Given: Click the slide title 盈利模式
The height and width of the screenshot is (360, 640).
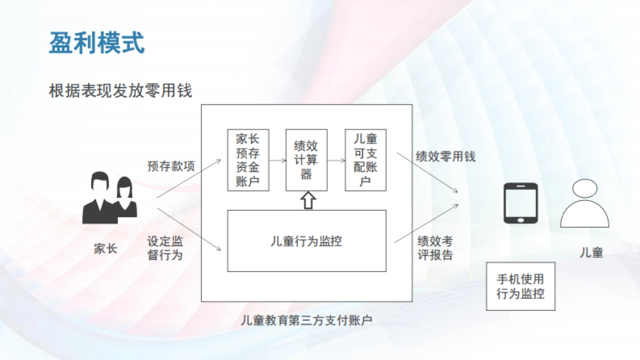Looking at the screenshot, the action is point(97,42).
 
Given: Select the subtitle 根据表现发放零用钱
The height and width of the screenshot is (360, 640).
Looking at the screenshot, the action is point(120,91).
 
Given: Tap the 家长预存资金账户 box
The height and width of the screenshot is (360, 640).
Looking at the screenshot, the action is point(247,160).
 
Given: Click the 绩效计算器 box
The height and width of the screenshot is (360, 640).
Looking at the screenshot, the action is point(306,160).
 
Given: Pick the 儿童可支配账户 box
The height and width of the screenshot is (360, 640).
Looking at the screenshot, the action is point(365,160).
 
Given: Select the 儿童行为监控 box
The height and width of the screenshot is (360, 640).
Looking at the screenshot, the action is point(306,241).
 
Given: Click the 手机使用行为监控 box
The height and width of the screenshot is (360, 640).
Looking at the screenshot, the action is point(521,286).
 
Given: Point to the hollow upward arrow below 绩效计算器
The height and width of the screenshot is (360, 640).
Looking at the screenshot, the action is point(308,201).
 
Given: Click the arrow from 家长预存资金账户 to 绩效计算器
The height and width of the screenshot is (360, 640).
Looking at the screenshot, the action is point(277,160).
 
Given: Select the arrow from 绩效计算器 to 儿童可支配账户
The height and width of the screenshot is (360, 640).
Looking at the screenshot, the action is point(336,160).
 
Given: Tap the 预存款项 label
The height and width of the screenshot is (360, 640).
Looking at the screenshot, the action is point(171,166).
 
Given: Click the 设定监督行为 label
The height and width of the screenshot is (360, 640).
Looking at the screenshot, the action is point(165,248).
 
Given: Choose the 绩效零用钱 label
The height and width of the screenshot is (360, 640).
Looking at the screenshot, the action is point(445,156).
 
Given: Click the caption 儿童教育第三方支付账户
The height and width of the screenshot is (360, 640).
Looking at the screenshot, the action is point(306,320).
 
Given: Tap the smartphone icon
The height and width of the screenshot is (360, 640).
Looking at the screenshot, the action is point(521,203).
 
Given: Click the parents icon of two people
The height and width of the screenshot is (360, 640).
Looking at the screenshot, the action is point(109,198).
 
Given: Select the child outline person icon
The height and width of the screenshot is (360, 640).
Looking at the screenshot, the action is point(585,204).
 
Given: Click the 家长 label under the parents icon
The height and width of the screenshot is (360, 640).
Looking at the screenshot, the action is point(105,249).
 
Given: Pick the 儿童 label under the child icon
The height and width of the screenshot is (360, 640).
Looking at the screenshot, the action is point(591,252).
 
